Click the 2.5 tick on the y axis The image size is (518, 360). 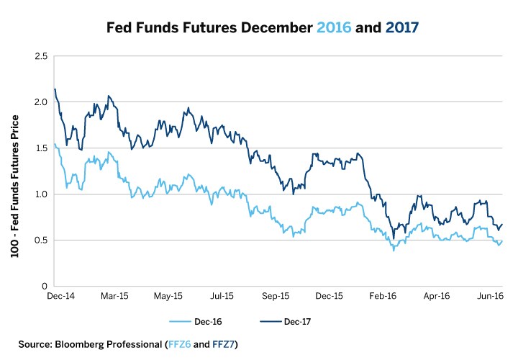(42, 56)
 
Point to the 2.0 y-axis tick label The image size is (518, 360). (42, 102)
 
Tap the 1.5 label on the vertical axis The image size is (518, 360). (42, 148)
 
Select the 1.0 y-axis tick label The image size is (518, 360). (42, 194)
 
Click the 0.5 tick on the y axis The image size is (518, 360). (42, 240)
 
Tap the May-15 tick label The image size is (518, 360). (167, 296)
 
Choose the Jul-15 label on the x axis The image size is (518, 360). (222, 296)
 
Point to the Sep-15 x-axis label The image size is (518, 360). (275, 296)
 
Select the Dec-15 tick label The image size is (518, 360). (329, 296)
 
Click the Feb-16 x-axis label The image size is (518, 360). (383, 296)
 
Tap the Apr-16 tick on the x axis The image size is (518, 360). (436, 296)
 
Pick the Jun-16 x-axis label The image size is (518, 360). (490, 296)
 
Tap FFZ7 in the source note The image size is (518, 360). (222, 345)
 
